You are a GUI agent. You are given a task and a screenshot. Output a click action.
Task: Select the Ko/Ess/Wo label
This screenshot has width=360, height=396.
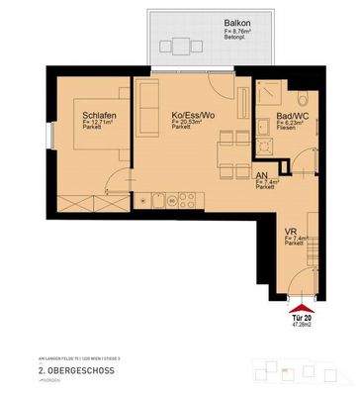click(x=193, y=115)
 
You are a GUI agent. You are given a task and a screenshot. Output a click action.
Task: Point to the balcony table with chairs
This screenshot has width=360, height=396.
click(x=179, y=46)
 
